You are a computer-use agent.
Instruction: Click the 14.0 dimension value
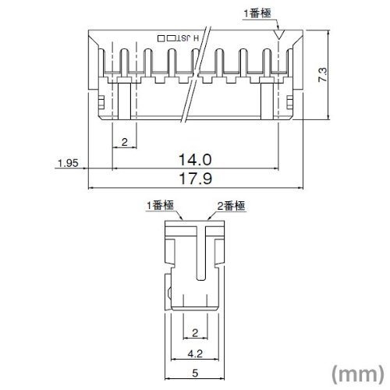tap(195, 160)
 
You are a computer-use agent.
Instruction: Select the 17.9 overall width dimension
tap(196, 179)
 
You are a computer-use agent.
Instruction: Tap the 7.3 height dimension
tap(322, 75)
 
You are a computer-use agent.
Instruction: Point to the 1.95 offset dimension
tap(68, 163)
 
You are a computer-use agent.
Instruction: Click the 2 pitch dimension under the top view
tap(125, 142)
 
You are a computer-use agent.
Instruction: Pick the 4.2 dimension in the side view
tap(195, 353)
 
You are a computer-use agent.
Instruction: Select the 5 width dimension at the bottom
tap(195, 374)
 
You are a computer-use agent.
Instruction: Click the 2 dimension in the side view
tap(195, 333)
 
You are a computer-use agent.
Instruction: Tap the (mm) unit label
tap(357, 374)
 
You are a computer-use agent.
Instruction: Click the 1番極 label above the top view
tap(257, 13)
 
